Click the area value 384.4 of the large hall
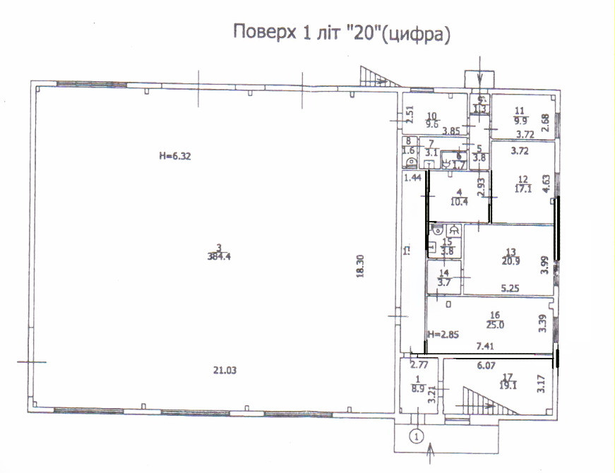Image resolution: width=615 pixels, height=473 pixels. point(220,257)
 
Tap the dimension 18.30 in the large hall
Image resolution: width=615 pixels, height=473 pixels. point(359,270)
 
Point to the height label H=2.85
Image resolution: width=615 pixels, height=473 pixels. point(443,333)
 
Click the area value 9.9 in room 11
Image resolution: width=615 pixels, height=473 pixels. point(522,121)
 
